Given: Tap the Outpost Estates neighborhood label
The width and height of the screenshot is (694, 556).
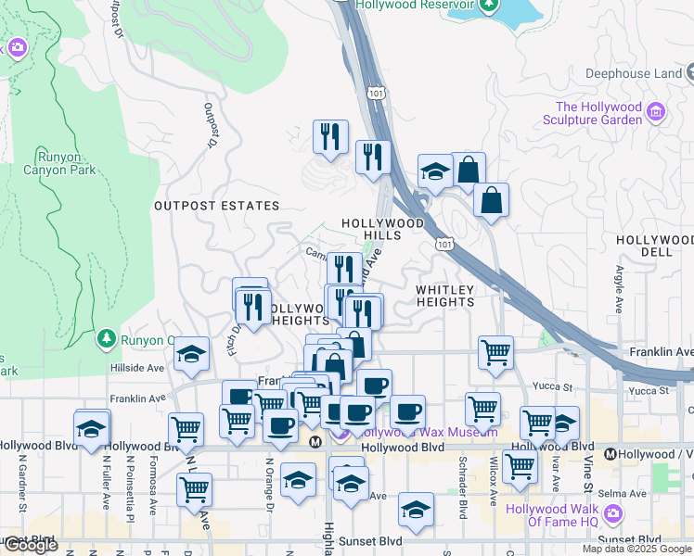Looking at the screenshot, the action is tap(216, 206).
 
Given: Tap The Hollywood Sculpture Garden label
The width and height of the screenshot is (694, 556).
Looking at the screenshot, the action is tap(598, 113).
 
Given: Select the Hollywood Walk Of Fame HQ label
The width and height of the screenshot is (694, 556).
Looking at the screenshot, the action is tap(551, 515).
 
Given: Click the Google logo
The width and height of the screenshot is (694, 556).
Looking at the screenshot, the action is tap(30, 545).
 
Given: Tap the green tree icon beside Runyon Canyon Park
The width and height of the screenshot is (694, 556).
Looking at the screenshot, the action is tap(109, 339).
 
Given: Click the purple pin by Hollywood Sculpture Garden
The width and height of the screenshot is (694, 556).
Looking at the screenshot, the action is tap(656, 112).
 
